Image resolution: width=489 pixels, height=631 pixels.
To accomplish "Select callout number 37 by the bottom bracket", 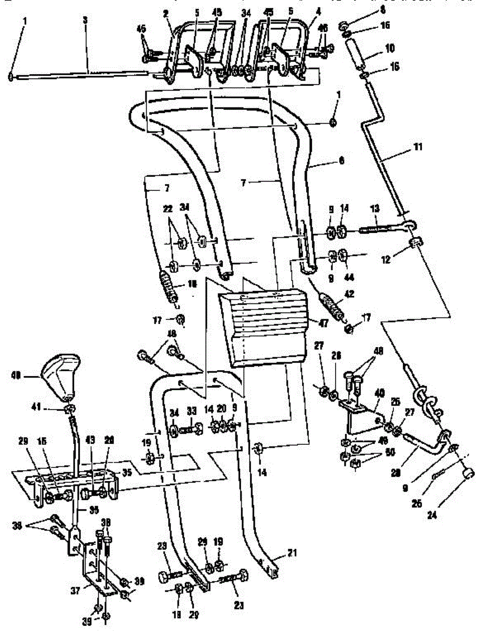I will (75, 591).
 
